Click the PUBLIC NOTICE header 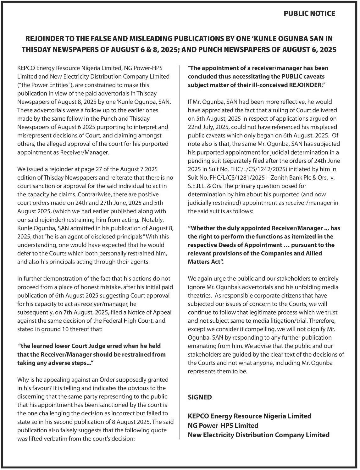[309, 14]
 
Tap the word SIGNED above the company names [200, 397]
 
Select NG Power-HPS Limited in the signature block [223, 425]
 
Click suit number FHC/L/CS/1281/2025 [227, 178]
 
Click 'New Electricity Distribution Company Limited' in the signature [258, 435]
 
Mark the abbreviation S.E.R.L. [200, 186]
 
